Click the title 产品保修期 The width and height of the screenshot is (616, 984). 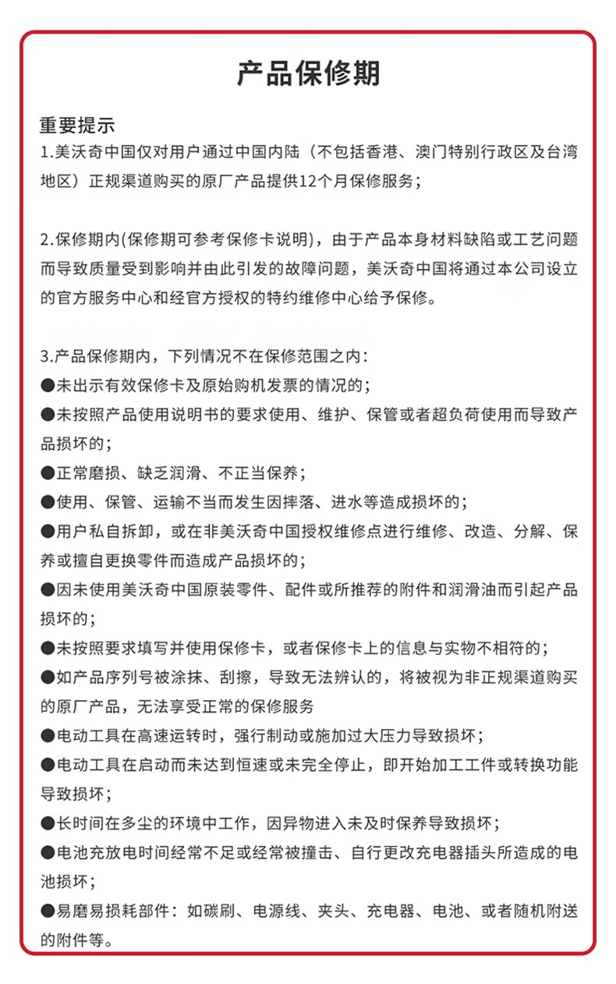(x=308, y=73)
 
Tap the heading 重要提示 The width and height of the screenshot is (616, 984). (x=77, y=125)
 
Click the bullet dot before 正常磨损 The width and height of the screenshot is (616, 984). (x=47, y=473)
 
